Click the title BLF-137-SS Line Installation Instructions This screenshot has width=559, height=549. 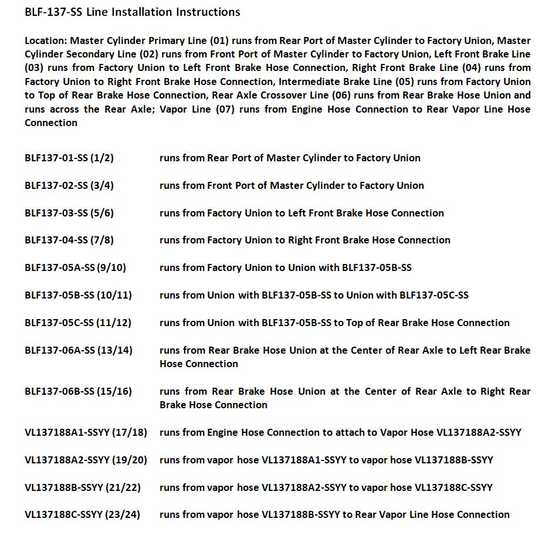(132, 12)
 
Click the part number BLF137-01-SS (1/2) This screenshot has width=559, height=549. (69, 158)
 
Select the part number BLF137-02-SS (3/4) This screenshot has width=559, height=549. (69, 185)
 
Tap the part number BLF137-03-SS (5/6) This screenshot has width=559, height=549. (69, 213)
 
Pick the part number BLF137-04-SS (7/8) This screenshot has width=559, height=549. (69, 240)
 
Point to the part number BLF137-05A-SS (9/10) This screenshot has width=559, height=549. (75, 267)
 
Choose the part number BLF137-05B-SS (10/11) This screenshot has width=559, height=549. (78, 295)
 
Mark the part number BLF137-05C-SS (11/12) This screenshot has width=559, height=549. (78, 323)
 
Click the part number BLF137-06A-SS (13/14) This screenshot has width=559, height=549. (79, 350)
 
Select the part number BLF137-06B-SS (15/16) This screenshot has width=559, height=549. (79, 391)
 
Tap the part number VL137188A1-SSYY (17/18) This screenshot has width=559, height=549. (86, 433)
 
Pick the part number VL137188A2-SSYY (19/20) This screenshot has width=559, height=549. (86, 460)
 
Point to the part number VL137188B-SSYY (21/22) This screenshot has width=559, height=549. (83, 487)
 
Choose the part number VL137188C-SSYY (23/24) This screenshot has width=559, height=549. (83, 514)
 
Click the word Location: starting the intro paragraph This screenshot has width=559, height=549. (46, 41)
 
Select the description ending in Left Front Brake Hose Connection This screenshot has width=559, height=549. (301, 213)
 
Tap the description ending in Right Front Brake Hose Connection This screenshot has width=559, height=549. (305, 240)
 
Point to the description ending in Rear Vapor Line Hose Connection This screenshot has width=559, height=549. (334, 514)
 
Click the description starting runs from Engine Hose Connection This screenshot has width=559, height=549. (340, 433)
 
